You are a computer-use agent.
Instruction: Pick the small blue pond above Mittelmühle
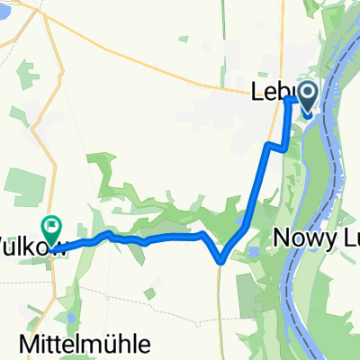point(69,317)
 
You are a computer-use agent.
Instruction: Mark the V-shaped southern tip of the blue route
point(220,261)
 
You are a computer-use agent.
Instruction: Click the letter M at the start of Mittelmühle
point(26,344)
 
